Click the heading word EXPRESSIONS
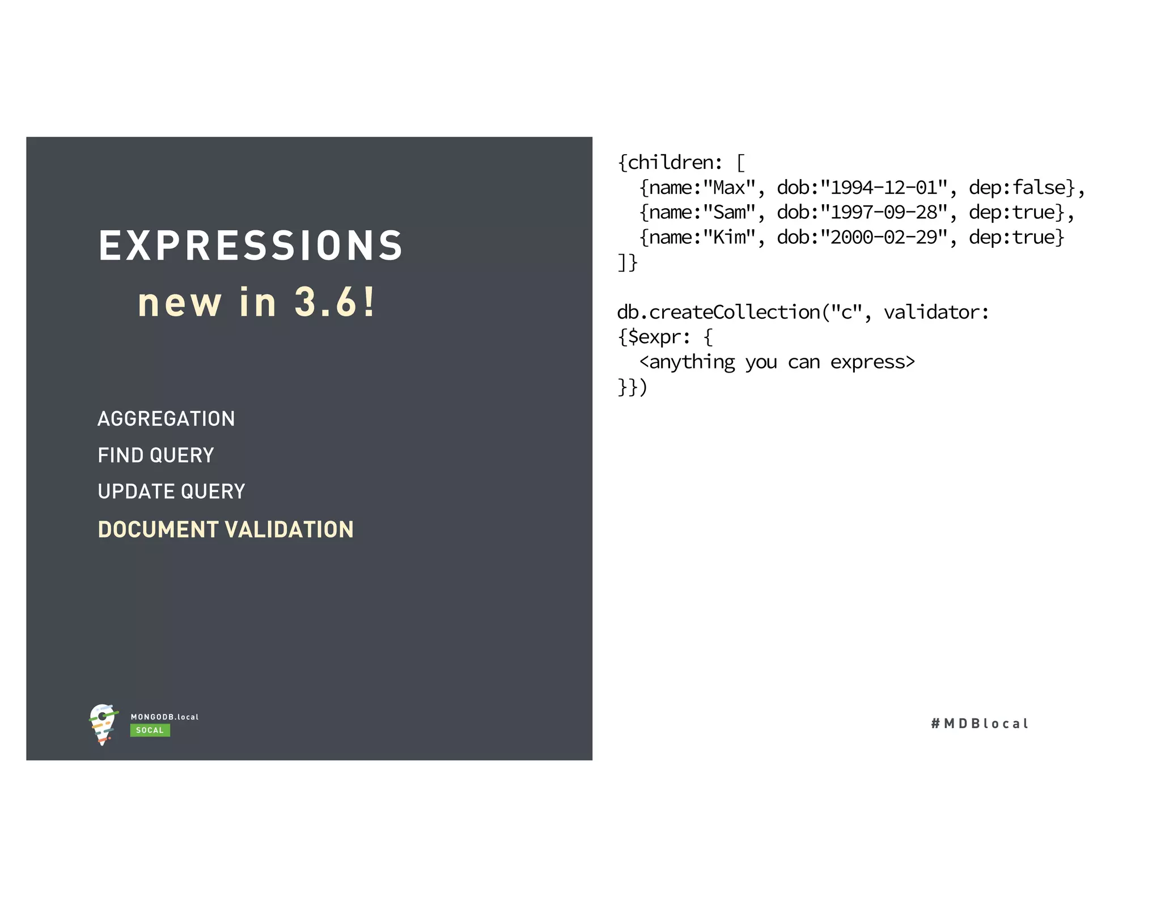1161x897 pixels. (x=250, y=246)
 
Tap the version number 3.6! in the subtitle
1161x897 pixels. (x=334, y=302)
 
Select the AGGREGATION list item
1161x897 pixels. (x=166, y=419)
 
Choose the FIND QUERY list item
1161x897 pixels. (x=156, y=455)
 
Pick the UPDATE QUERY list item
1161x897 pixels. (x=171, y=492)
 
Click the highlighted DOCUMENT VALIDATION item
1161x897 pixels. (x=226, y=530)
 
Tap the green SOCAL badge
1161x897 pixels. (x=150, y=730)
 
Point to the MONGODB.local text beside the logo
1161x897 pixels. (x=164, y=717)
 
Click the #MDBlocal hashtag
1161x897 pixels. (x=980, y=723)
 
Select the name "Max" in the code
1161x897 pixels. (x=729, y=188)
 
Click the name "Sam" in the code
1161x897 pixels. (x=729, y=213)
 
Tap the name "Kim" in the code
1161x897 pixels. (x=729, y=238)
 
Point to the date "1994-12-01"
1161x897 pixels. (x=884, y=188)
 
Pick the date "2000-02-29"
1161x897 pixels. (x=884, y=238)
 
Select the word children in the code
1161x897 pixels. (x=670, y=163)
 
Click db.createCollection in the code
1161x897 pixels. (x=718, y=312)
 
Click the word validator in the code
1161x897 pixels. (x=936, y=312)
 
